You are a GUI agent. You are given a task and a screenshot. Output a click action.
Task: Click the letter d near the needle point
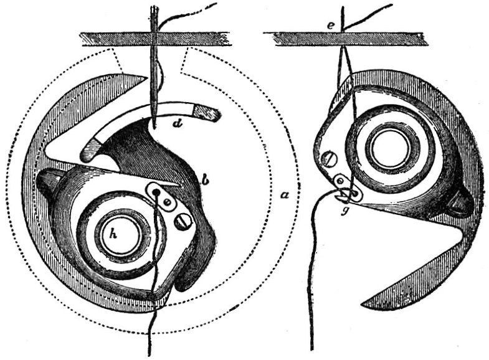coord(178,124)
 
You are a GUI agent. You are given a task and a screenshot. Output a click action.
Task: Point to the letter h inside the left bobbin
coord(113,234)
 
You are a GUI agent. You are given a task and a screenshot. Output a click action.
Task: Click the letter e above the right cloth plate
coord(331,26)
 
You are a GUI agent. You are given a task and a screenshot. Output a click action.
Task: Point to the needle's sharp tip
coord(154,128)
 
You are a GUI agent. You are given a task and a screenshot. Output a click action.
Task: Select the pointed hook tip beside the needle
coord(146,78)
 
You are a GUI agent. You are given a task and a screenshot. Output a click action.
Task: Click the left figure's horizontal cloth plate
coord(155,39)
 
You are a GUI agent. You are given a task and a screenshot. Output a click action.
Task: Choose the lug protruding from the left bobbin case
coord(47,181)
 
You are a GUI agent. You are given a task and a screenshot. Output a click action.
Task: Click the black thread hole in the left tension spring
coord(157,192)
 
